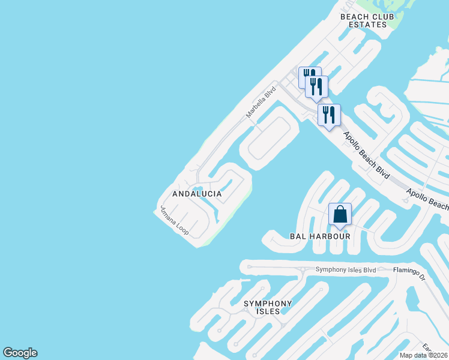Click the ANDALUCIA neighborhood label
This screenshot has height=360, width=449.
pos(197,194)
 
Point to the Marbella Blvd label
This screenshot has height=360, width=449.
pos(261,102)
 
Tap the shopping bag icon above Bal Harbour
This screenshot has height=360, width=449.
pos(340,214)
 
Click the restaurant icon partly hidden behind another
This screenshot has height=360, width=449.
pos(305,74)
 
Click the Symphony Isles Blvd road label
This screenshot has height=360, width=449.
pos(346,270)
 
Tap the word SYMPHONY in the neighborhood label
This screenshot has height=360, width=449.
pos(268,304)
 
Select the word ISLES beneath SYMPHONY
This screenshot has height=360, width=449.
pos(268,311)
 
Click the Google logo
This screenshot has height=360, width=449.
pos(20,353)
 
